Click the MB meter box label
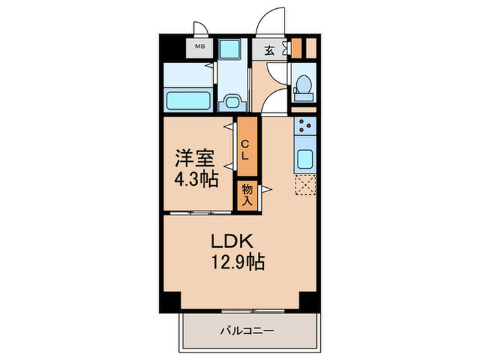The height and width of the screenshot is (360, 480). [200, 47]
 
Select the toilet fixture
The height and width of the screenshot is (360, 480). [302, 88]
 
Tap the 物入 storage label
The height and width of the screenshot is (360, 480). [247, 195]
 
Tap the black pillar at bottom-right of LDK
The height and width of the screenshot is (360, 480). [309, 300]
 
